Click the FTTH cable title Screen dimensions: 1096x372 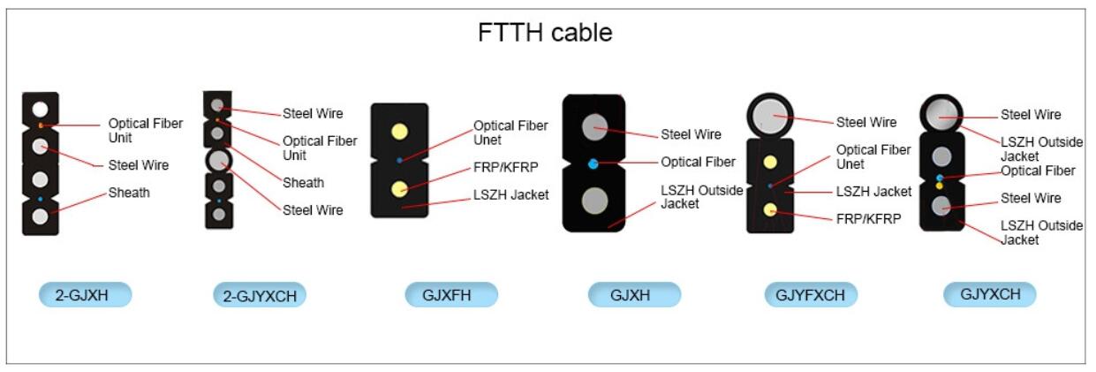coord(545,33)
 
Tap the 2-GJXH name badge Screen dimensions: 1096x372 coord(85,294)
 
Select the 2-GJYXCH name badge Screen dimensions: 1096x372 coord(260,295)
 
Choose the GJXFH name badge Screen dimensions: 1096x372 coord(451,294)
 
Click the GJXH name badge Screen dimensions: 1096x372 coord(634,294)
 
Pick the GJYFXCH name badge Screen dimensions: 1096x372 coord(811,294)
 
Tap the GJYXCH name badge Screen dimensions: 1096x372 coord(989,294)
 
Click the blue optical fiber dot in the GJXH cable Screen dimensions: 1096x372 coord(593,163)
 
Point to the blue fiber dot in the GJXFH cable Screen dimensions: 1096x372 coord(399,161)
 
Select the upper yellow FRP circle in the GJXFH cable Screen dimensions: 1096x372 coord(399,131)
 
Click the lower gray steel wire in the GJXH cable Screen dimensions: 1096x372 coord(594,201)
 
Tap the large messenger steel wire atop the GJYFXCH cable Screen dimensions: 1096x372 coord(769,116)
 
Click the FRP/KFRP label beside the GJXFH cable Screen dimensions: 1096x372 coord(505,167)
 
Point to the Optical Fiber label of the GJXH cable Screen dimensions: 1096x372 coord(698,162)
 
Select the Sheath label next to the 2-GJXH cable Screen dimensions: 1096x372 coord(129,193)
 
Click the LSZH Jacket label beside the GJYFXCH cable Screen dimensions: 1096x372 coord(873,192)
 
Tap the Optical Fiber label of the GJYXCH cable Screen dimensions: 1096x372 coord(1038,171)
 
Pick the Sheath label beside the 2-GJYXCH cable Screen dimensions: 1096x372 coord(303,183)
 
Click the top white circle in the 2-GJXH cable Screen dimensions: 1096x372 coord(40,110)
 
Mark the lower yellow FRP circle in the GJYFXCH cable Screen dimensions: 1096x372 coord(769,210)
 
